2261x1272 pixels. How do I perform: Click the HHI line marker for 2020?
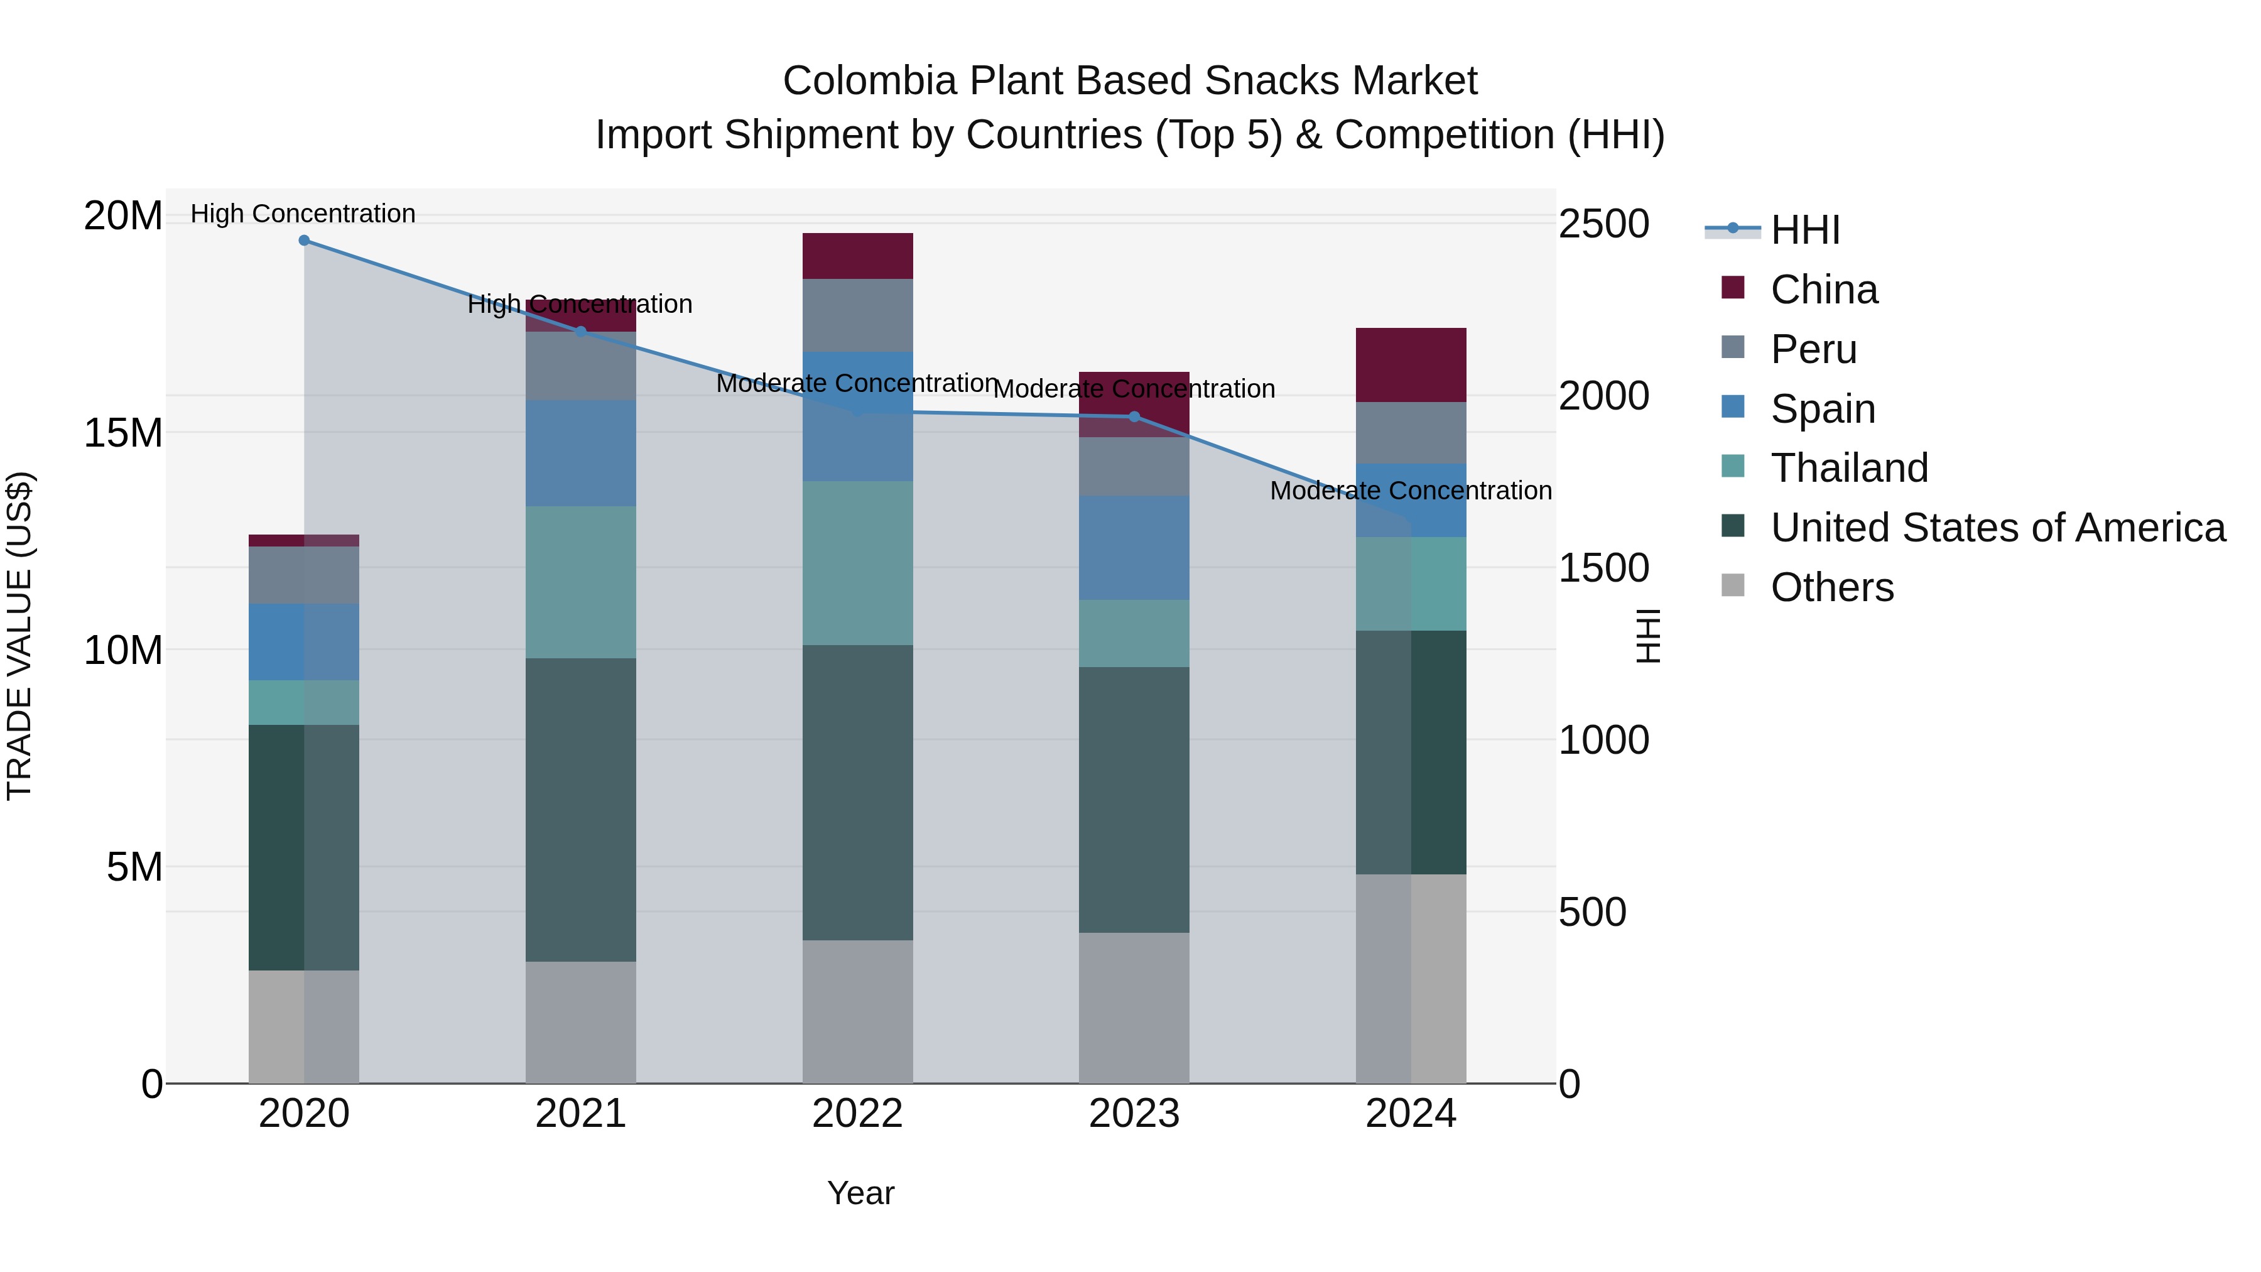click(304, 241)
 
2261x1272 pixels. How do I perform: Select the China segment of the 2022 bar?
click(857, 256)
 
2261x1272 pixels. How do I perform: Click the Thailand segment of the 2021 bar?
click(580, 582)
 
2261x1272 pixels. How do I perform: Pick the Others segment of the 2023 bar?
click(1134, 1008)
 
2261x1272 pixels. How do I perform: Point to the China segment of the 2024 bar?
click(1411, 365)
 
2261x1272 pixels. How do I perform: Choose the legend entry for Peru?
click(1813, 349)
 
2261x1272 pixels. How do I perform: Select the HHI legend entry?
click(1804, 230)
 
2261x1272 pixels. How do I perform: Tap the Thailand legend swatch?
click(1733, 466)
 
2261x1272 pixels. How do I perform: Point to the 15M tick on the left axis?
click(123, 433)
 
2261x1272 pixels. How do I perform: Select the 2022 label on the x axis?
click(857, 1114)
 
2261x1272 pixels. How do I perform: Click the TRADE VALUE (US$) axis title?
click(19, 636)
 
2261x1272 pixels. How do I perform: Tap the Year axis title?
click(860, 1193)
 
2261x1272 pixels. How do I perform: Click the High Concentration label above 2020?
click(303, 214)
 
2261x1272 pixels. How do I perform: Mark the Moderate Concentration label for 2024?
click(1411, 491)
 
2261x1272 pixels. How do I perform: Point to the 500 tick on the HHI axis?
click(1592, 912)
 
